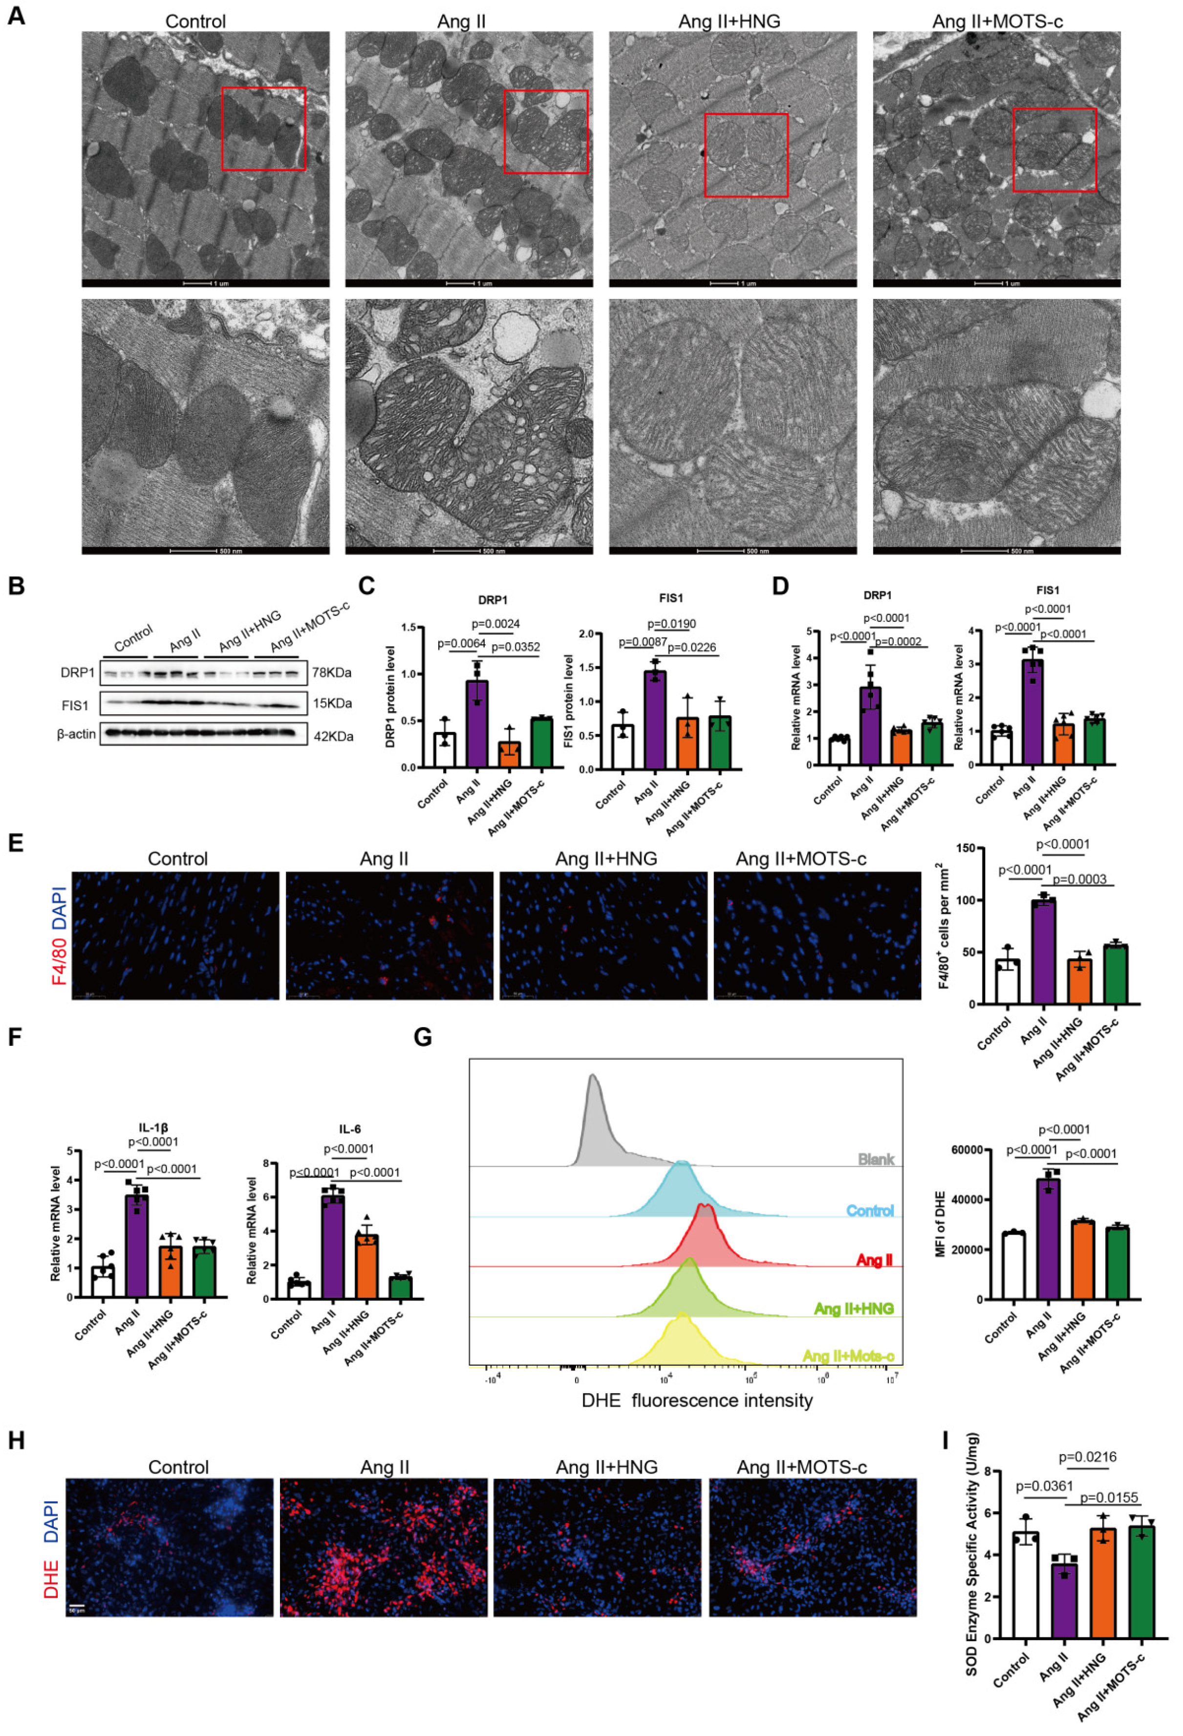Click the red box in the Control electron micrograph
point(263,128)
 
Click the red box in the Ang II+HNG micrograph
point(745,155)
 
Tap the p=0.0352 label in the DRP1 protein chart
point(515,647)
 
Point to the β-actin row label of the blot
point(76,734)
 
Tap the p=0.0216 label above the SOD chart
point(1087,1457)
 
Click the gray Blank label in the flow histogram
point(875,1159)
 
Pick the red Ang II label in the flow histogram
point(874,1260)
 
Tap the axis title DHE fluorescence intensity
point(696,1400)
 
